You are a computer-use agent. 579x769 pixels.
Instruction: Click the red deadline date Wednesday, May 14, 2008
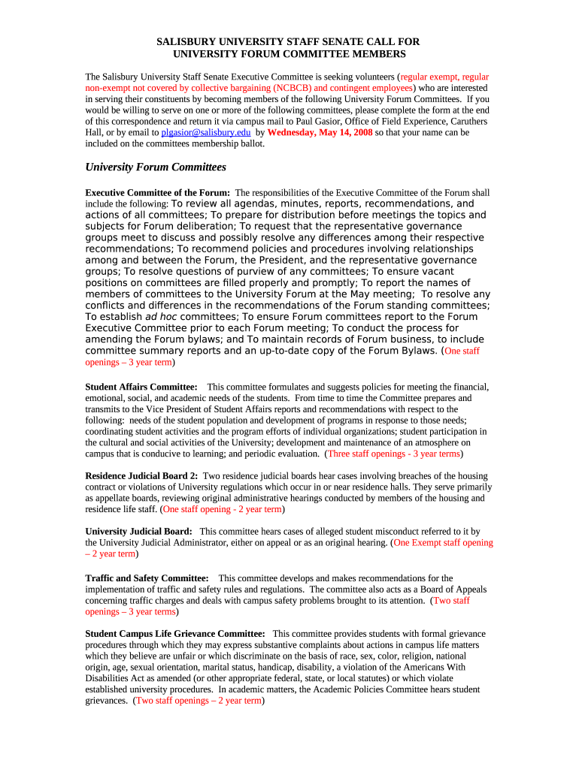[320, 132]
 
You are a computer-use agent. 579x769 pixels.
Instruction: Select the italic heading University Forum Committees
[156, 167]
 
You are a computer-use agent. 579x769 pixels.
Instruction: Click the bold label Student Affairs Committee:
[141, 387]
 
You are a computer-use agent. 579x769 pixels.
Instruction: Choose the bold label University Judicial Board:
[139, 532]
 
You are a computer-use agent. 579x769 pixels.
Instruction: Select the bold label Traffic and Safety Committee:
[147, 578]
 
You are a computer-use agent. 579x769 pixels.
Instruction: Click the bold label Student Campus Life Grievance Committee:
[175, 634]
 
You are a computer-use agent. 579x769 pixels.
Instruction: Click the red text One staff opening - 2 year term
[223, 509]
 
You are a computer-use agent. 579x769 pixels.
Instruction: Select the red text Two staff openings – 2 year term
[199, 701]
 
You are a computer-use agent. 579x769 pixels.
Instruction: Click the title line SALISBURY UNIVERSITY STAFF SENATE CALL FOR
[289, 42]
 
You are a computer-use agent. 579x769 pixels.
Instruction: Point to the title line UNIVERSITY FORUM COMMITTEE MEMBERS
[289, 54]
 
